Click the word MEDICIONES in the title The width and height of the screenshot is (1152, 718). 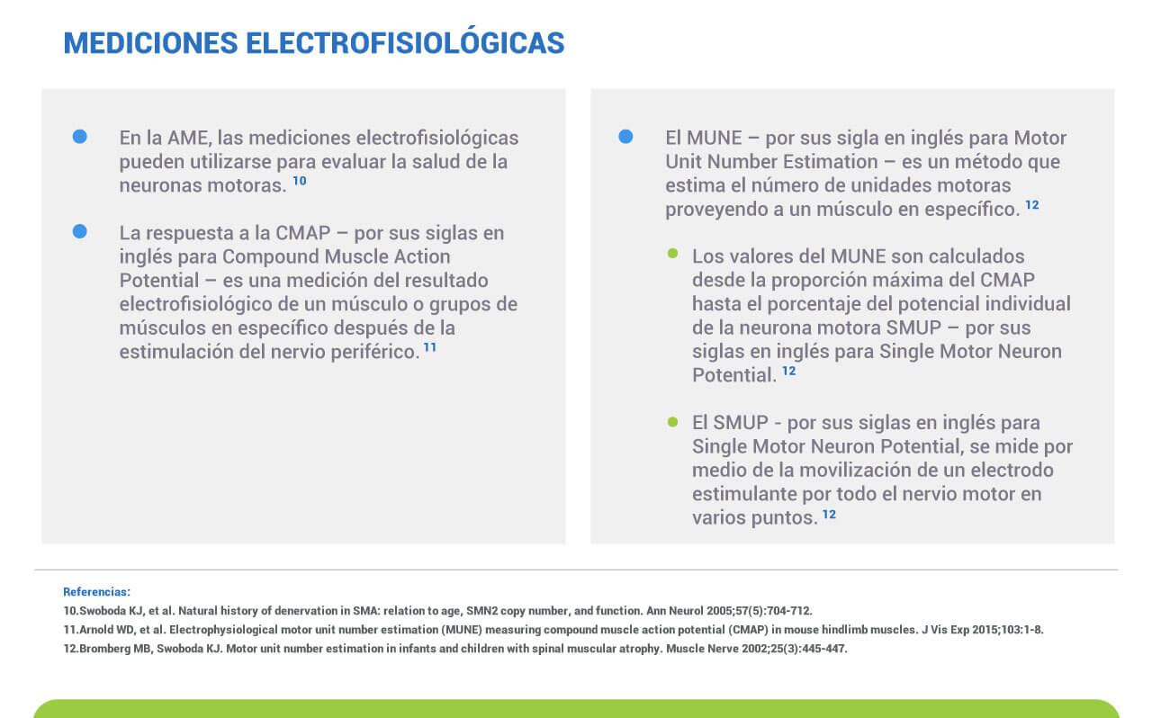pyautogui.click(x=150, y=42)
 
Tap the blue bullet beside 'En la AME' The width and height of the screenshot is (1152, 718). pyautogui.click(x=80, y=137)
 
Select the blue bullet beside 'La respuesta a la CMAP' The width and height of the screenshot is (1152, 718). pyautogui.click(x=80, y=231)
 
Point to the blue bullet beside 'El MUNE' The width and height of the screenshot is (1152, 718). pyautogui.click(x=625, y=137)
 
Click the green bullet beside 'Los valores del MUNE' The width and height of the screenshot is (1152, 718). pyautogui.click(x=672, y=253)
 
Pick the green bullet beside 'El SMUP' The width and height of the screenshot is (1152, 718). pyautogui.click(x=672, y=422)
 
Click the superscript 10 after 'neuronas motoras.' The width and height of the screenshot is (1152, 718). pyautogui.click(x=300, y=181)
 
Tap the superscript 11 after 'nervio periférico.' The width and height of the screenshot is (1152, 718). pyautogui.click(x=430, y=347)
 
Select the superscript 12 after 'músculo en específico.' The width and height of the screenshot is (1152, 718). pyautogui.click(x=1032, y=205)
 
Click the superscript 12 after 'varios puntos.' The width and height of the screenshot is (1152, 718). pyautogui.click(x=829, y=515)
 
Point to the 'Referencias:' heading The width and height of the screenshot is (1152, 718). pyautogui.click(x=96, y=591)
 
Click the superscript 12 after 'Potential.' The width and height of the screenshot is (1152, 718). pyautogui.click(x=789, y=371)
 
